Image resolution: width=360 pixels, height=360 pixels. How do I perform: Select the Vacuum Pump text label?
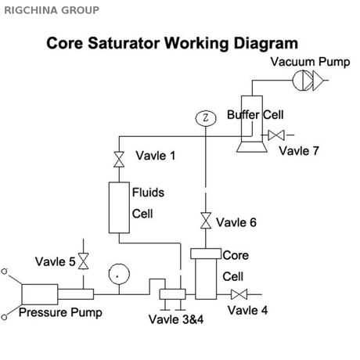(x=309, y=62)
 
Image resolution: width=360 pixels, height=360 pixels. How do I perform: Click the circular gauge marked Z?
(x=205, y=118)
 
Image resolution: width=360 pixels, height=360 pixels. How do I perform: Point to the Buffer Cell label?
(x=254, y=115)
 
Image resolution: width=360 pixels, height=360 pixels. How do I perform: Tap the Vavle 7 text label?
(x=299, y=150)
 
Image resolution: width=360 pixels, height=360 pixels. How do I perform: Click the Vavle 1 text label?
(x=155, y=156)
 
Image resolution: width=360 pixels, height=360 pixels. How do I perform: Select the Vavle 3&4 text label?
(x=175, y=319)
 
